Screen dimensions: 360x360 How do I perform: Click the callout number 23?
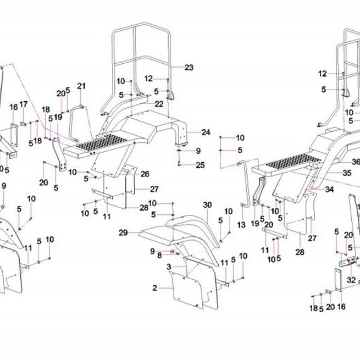(x=189, y=68)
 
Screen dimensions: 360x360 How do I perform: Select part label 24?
(x=206, y=132)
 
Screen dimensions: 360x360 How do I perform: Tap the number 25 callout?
(x=200, y=165)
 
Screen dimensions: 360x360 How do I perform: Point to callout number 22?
(x=159, y=104)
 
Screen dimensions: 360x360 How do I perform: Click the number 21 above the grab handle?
(x=81, y=86)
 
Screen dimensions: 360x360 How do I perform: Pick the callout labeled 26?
(x=145, y=174)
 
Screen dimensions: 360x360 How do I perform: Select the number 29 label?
(x=123, y=232)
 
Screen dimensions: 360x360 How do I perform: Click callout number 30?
(x=207, y=205)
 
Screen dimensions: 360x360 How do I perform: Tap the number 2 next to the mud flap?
(x=155, y=287)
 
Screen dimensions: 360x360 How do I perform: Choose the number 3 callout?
(x=169, y=267)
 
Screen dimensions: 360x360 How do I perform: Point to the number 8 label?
(x=159, y=256)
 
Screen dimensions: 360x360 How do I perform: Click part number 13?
(x=241, y=225)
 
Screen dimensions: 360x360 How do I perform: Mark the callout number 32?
(x=351, y=280)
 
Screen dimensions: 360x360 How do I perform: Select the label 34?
(x=329, y=190)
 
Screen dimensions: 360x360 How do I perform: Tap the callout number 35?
(x=347, y=173)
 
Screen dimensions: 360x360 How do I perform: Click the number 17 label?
(x=23, y=104)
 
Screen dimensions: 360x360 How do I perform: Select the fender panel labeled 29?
(x=156, y=234)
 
